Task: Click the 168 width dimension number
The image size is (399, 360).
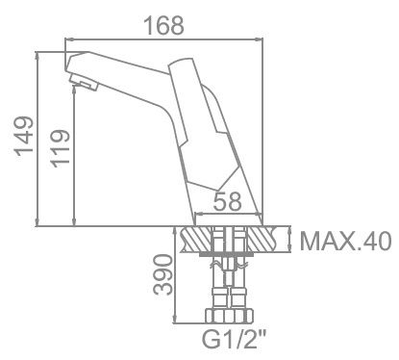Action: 163,26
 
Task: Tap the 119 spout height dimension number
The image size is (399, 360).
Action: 59,150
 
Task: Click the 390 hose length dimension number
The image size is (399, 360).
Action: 164,275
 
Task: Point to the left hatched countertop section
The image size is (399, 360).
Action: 196,239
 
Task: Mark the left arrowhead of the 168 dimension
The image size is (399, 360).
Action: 68,39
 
